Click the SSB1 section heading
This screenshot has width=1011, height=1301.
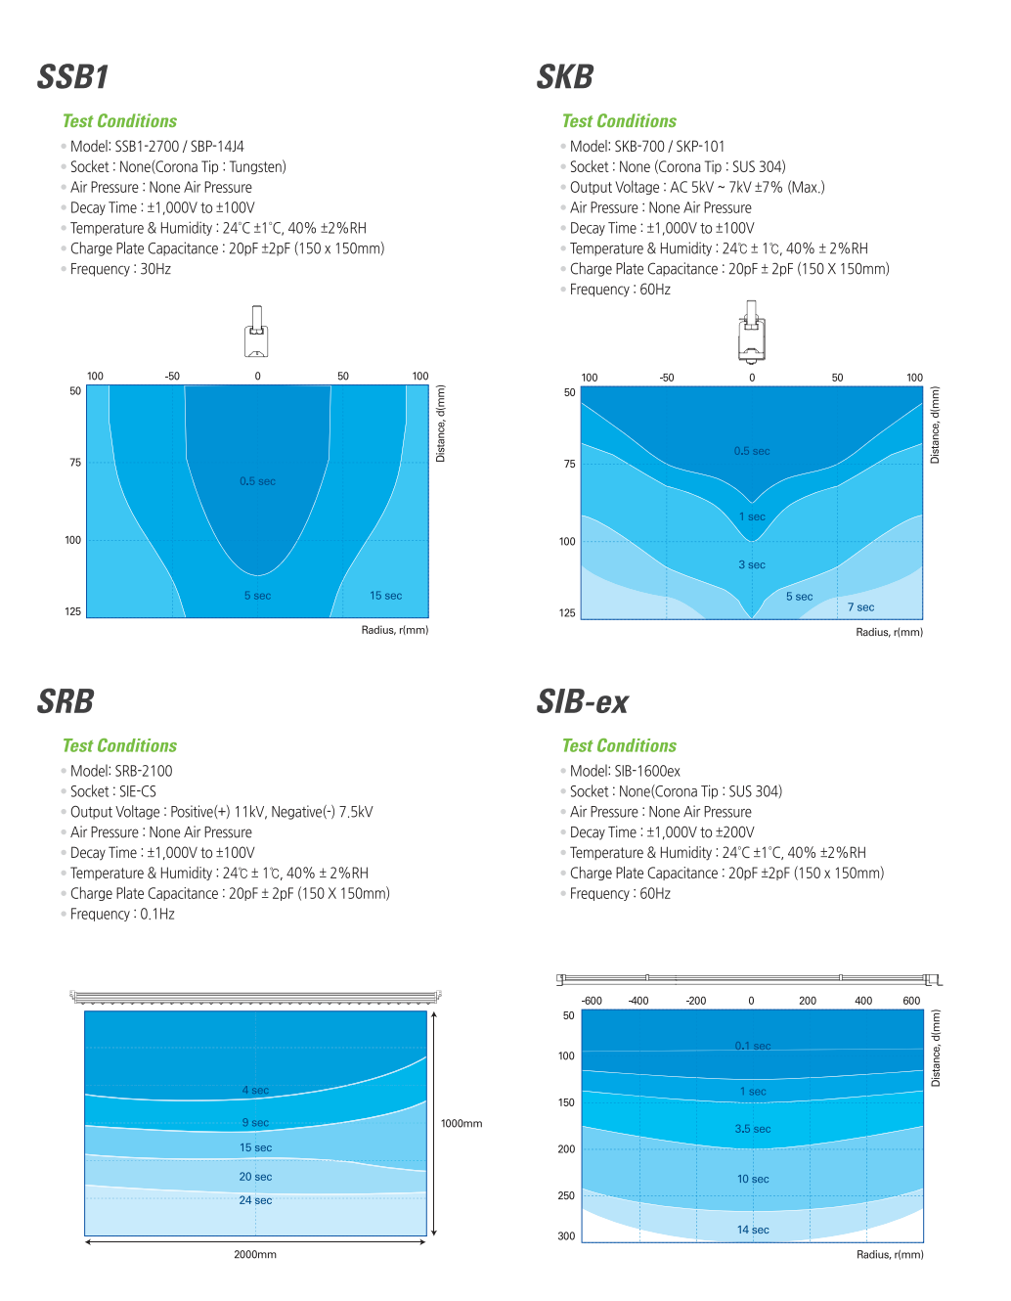point(72,77)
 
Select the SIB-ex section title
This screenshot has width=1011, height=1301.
point(583,702)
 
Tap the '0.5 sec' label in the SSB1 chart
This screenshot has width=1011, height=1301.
point(257,481)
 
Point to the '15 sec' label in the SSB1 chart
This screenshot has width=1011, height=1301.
point(385,596)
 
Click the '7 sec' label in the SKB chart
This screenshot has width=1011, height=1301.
point(860,607)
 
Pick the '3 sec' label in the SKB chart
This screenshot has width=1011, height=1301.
point(752,565)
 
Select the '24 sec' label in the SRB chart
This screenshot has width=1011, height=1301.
point(255,1200)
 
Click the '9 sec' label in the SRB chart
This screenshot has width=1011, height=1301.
point(255,1123)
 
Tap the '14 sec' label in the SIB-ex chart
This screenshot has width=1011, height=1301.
point(753,1231)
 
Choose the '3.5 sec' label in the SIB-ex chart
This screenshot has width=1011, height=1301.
point(753,1129)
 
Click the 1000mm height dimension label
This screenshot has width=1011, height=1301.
point(462,1124)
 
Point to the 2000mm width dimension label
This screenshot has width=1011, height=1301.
point(255,1255)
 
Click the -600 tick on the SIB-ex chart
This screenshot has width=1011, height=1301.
point(592,1001)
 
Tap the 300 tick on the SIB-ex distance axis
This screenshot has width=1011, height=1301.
point(566,1236)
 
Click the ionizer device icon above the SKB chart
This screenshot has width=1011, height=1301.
point(751,333)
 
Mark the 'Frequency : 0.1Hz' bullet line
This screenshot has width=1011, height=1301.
point(122,915)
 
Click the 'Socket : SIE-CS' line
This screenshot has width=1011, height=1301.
point(112,792)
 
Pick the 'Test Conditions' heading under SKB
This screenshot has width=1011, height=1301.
point(619,121)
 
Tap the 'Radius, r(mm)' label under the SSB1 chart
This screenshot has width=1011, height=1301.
point(395,630)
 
